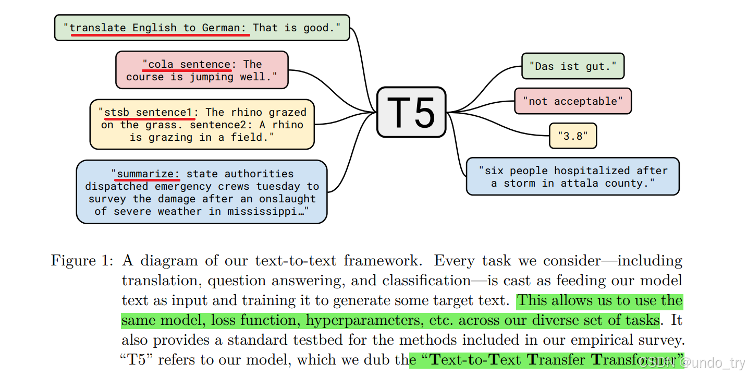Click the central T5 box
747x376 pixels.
point(411,112)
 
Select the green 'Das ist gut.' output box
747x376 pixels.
point(573,66)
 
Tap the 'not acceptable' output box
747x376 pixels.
point(572,101)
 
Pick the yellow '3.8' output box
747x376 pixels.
point(572,136)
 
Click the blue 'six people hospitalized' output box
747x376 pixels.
point(572,177)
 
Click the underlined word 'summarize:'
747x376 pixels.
point(149,174)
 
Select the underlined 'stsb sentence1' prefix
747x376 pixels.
point(149,113)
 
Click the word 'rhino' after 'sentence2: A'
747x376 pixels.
point(287,125)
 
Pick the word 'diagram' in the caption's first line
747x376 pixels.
point(169,261)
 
